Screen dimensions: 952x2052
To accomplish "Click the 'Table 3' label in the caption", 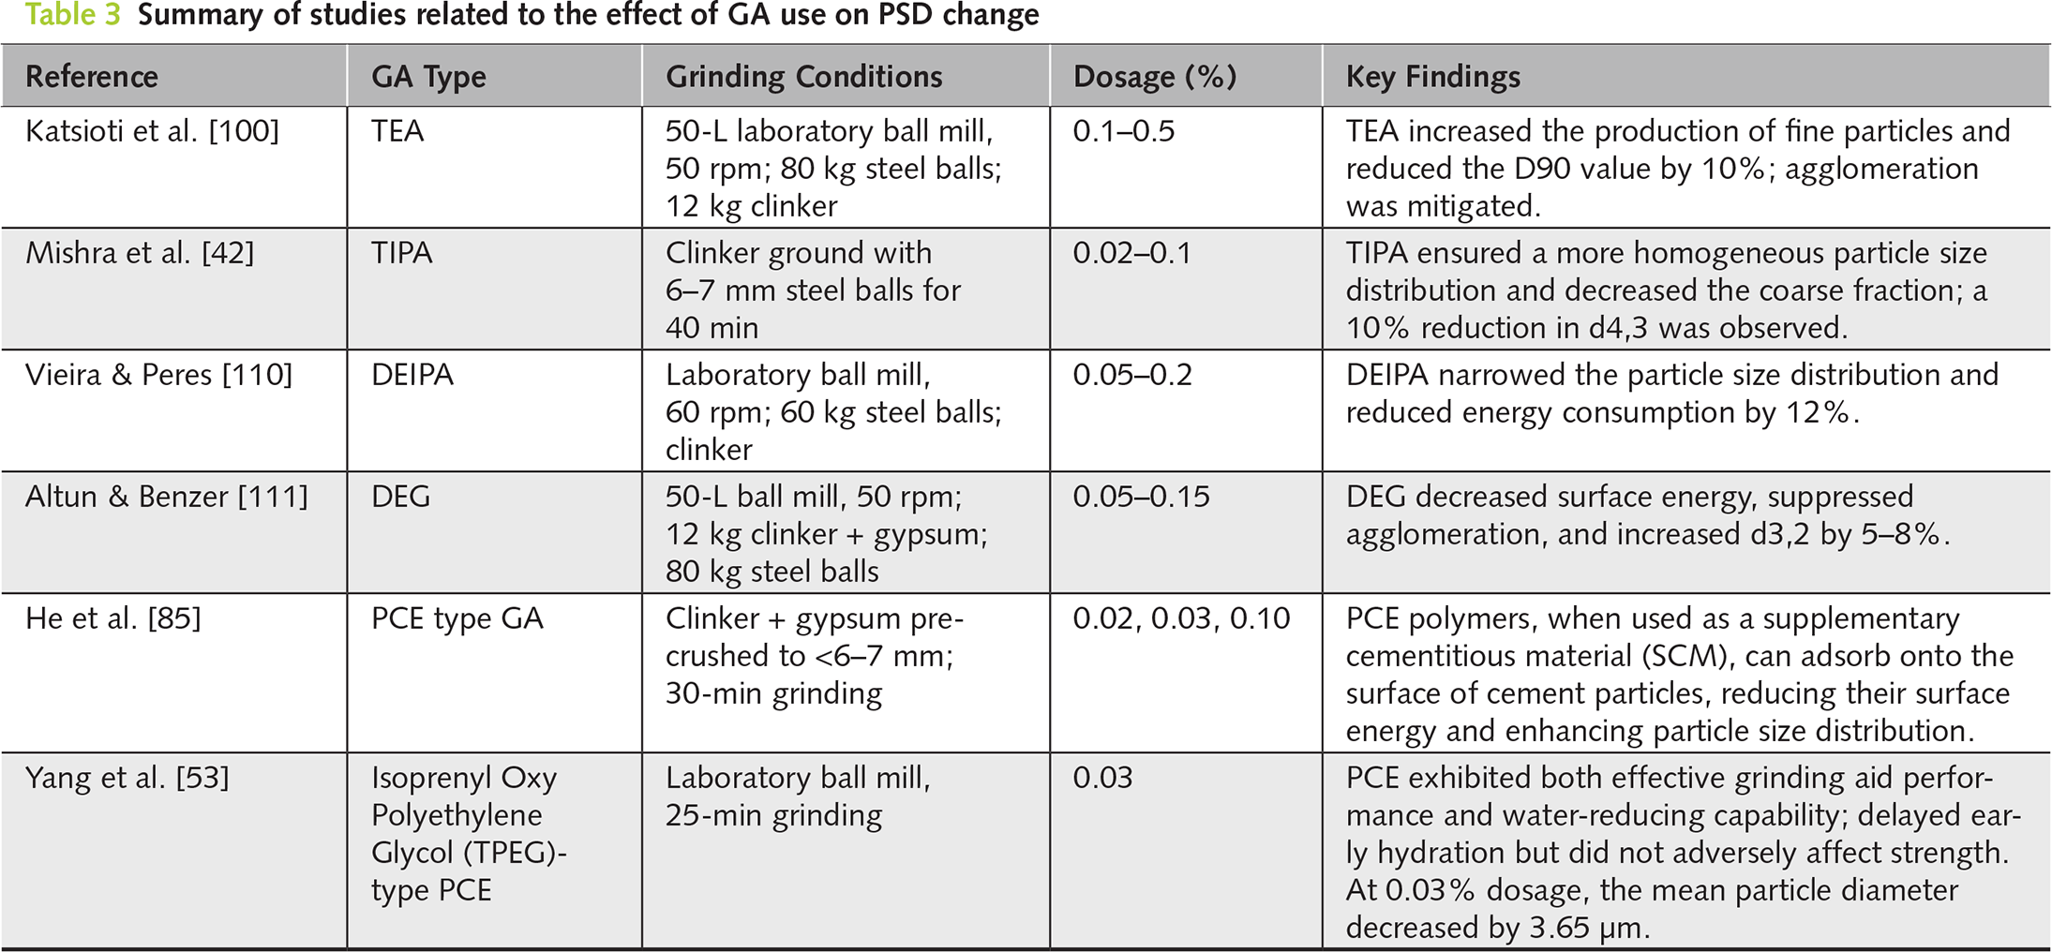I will pyautogui.click(x=72, y=15).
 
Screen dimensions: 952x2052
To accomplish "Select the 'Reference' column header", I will pyautogui.click(x=92, y=77).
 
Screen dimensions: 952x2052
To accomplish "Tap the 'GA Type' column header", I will pyautogui.click(x=428, y=77).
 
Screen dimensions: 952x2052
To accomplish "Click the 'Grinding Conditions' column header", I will pyautogui.click(x=803, y=77).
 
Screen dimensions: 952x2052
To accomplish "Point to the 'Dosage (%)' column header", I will pyautogui.click(x=1154, y=77).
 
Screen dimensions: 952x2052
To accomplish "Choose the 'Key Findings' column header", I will pyautogui.click(x=1432, y=77).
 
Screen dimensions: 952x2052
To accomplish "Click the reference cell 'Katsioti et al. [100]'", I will pyautogui.click(x=152, y=131).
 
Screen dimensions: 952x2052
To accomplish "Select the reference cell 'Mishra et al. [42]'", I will pyautogui.click(x=140, y=253).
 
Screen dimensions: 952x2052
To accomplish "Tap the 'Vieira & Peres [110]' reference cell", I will pyautogui.click(x=158, y=375).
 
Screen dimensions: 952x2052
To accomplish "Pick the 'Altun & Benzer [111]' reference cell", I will pyautogui.click(x=166, y=497).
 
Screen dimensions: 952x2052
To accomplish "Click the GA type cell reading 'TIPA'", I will pyautogui.click(x=401, y=253).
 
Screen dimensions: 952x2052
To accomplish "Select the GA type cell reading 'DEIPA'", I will pyautogui.click(x=412, y=375).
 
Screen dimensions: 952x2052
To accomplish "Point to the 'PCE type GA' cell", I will pyautogui.click(x=457, y=618).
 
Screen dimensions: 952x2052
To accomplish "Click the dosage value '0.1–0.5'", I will pyautogui.click(x=1123, y=131).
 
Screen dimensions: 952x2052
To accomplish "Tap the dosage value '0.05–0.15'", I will pyautogui.click(x=1141, y=497).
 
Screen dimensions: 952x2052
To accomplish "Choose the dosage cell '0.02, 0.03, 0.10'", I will pyautogui.click(x=1181, y=618).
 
